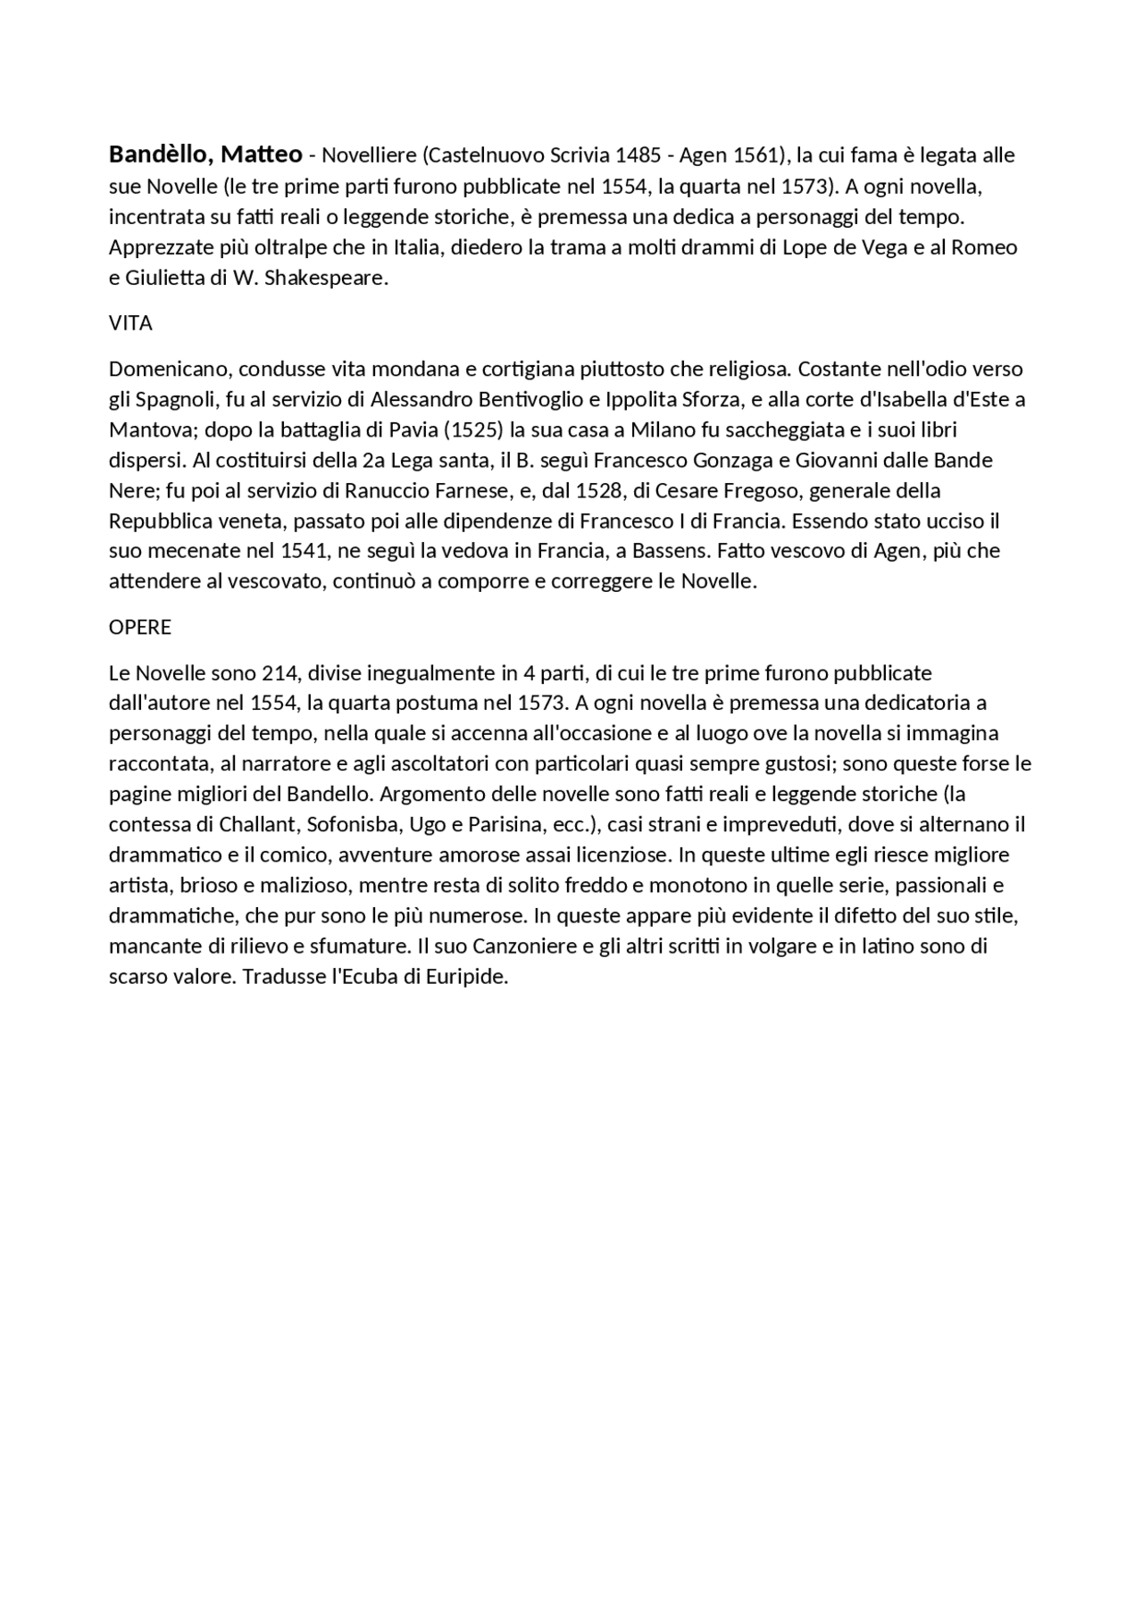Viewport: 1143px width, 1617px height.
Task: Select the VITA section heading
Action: pyautogui.click(x=130, y=324)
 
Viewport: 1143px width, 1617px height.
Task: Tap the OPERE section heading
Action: pyautogui.click(x=140, y=628)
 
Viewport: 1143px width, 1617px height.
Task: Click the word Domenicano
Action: pyautogui.click(x=170, y=370)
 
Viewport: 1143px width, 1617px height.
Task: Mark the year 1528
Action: pyautogui.click(x=598, y=491)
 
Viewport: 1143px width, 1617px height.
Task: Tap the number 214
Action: pyautogui.click(x=279, y=673)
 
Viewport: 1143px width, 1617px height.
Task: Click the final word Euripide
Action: pyautogui.click(x=467, y=977)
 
